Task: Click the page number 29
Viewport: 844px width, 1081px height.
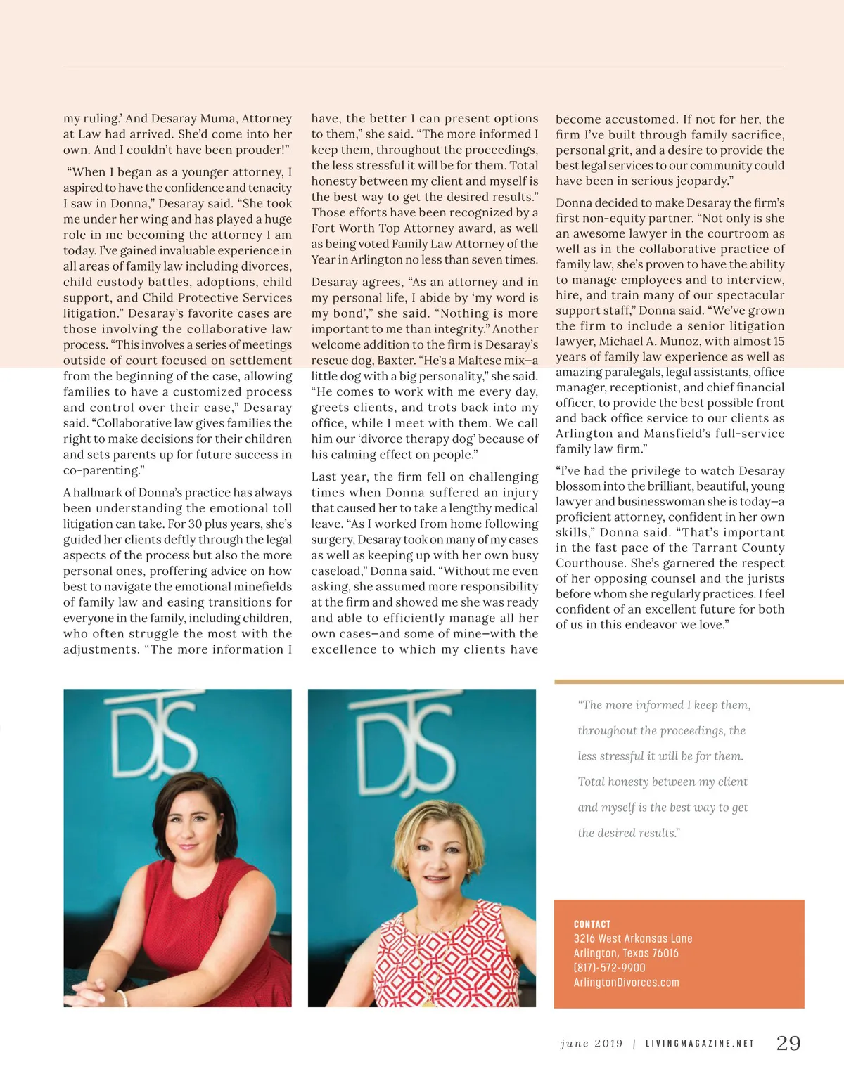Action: click(788, 1043)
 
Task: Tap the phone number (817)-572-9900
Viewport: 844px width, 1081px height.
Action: click(609, 968)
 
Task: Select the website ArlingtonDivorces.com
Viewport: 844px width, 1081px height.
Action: click(626, 983)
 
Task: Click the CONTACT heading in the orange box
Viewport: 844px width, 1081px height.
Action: click(592, 924)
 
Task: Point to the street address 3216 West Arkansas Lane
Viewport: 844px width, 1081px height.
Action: click(633, 938)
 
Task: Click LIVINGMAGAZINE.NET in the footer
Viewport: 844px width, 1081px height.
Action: click(699, 1044)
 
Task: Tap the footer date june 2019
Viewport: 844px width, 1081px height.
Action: click(592, 1044)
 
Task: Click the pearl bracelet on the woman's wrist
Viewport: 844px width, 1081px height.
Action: click(123, 998)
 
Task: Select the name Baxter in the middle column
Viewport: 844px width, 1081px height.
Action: click(395, 361)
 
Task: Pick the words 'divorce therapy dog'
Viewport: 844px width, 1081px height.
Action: click(415, 439)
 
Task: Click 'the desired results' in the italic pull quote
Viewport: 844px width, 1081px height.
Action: click(628, 833)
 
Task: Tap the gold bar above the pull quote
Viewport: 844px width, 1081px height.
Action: click(698, 681)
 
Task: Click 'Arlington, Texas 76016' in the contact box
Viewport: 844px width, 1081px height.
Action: click(626, 953)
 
